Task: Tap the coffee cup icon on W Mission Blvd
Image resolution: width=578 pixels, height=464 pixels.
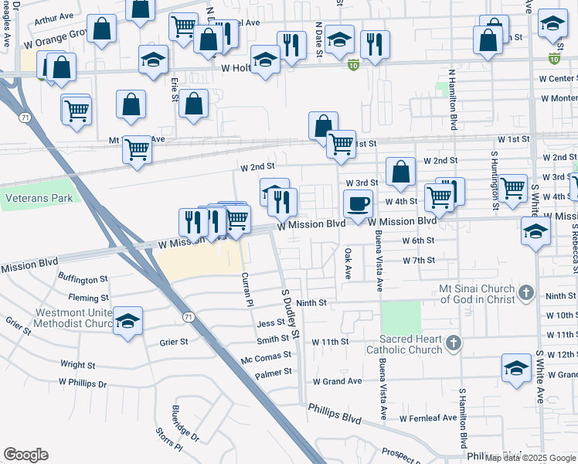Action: [358, 204]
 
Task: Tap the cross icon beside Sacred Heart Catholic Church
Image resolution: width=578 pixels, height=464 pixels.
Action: [454, 342]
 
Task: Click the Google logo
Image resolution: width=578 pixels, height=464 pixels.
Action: [25, 455]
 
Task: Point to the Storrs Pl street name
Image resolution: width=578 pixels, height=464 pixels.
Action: [168, 438]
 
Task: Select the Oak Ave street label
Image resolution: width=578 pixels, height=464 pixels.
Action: [348, 264]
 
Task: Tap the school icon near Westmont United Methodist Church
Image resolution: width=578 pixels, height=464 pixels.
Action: [127, 322]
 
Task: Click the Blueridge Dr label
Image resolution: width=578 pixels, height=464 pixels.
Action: [185, 422]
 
